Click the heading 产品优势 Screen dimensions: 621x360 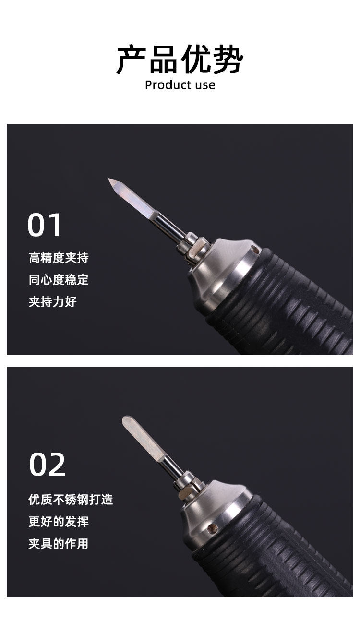(180, 60)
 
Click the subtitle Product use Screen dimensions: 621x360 (180, 85)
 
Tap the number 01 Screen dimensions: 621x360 (45, 225)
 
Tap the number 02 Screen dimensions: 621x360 (47, 464)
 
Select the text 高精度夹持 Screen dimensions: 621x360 (59, 258)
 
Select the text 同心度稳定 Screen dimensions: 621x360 (59, 280)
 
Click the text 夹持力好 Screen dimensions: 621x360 (52, 302)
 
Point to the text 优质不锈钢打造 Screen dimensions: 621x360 (71, 500)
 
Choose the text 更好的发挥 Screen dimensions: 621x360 (59, 522)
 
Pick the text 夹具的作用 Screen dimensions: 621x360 (59, 544)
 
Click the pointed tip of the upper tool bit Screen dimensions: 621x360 (109, 179)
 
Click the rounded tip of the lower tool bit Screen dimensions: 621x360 (126, 419)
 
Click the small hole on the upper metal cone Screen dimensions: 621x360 (256, 250)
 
